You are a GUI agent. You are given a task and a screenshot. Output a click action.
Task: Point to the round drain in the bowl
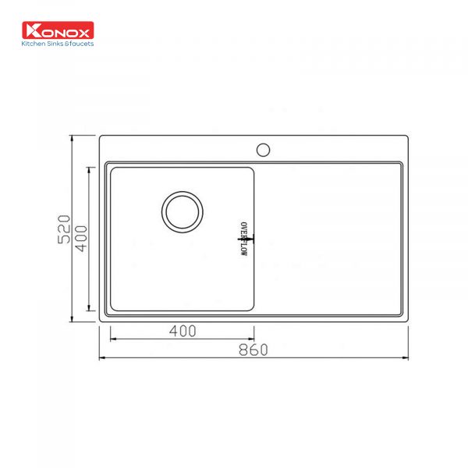[x=183, y=211]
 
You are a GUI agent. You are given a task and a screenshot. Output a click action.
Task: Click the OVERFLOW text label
[x=243, y=237]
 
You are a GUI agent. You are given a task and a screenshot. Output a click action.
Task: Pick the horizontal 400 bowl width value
[x=182, y=331]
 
